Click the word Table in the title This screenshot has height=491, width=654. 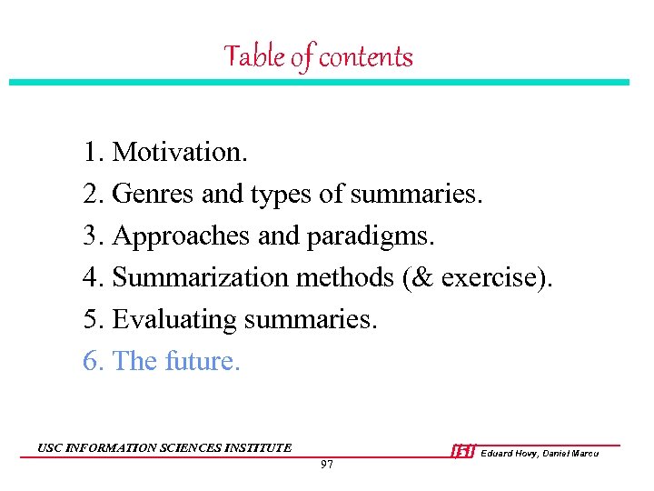pos(253,56)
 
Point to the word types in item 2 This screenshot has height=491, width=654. pos(280,195)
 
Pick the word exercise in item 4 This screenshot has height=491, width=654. pos(491,277)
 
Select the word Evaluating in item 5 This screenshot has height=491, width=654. pos(171,319)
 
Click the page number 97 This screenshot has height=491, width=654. pos(327,465)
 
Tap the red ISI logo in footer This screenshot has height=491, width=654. pos(463,451)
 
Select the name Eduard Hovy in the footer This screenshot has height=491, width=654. pos(511,453)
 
